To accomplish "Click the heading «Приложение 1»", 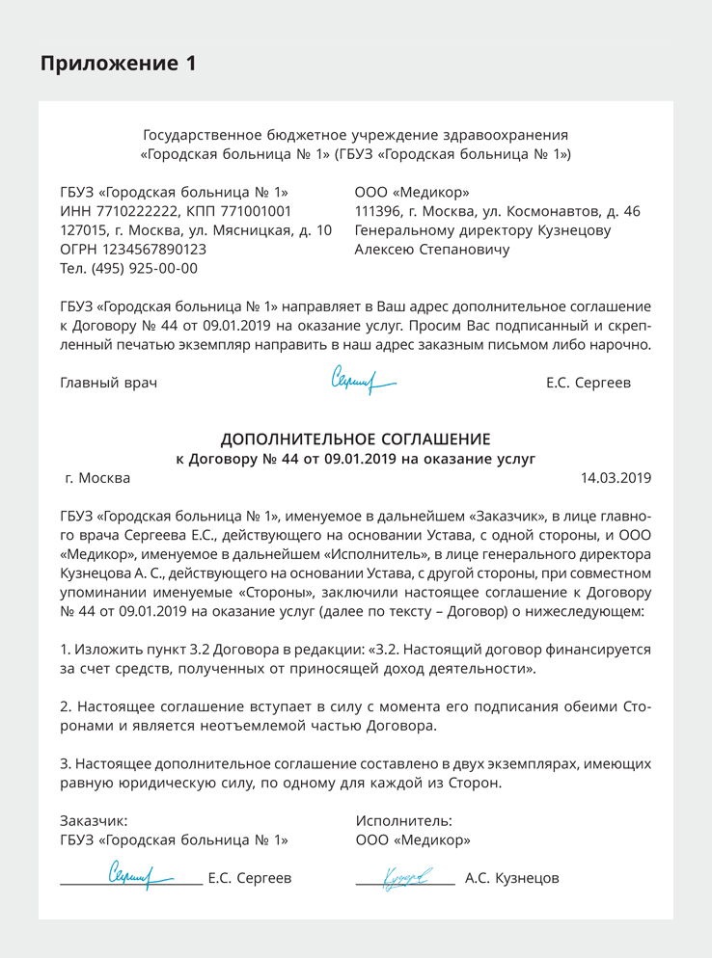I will point(119,64).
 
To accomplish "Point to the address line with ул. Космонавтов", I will point(497,211).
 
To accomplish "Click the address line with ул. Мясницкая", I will point(196,230).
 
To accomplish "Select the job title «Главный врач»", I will point(108,383).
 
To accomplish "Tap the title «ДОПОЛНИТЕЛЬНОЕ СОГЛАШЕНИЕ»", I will point(355,439).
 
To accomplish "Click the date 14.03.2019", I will point(616,477).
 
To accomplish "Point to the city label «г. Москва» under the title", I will point(97,477).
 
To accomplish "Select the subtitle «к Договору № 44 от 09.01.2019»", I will point(355,459).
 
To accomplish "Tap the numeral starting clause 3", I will point(65,763).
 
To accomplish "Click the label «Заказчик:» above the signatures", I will point(94,820).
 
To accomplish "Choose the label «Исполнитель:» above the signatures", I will point(403,820).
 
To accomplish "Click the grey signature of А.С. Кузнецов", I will point(407,877).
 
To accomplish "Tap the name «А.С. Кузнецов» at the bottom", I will point(511,878).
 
